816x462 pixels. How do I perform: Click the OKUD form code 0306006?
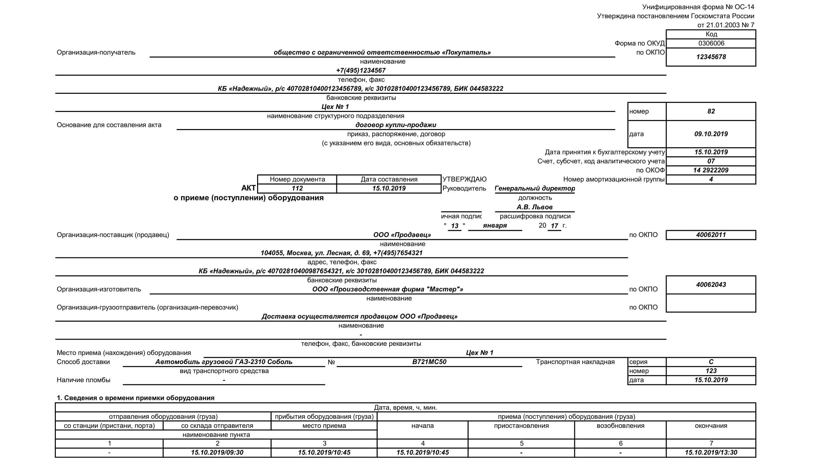[x=711, y=43]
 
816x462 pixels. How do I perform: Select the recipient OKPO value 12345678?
[x=711, y=57]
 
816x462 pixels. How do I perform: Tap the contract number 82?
[x=711, y=111]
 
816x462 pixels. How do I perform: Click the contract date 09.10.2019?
[x=711, y=134]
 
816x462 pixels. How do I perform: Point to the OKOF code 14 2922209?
[x=711, y=170]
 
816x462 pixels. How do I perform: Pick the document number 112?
[x=297, y=188]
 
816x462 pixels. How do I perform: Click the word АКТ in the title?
[x=248, y=188]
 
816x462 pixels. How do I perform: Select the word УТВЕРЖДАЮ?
[x=464, y=179]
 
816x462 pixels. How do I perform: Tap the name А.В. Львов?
[x=534, y=207]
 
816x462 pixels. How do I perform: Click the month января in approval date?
[x=495, y=226]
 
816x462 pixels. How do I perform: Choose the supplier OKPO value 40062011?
[x=711, y=235]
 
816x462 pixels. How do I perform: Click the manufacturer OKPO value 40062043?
[x=711, y=285]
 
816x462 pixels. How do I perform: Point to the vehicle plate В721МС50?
[x=429, y=362]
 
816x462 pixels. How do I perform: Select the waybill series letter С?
[x=711, y=362]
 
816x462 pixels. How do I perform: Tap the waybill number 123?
[x=711, y=371]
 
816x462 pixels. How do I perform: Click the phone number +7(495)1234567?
[x=361, y=70]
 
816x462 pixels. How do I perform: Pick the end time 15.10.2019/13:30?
[x=711, y=453]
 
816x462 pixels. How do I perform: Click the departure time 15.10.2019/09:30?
[x=217, y=453]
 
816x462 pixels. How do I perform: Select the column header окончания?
[x=711, y=426]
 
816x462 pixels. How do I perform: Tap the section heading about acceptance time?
[x=136, y=398]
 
